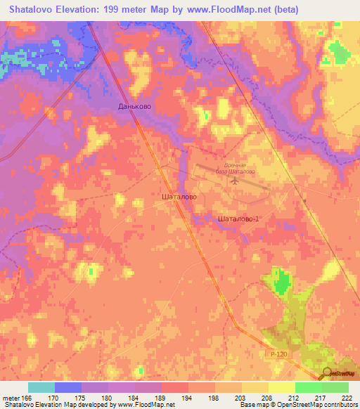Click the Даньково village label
(x=134, y=106)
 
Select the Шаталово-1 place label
(x=239, y=219)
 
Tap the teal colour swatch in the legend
(x=41, y=387)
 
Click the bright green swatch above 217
(x=309, y=387)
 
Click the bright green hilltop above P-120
(x=282, y=282)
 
